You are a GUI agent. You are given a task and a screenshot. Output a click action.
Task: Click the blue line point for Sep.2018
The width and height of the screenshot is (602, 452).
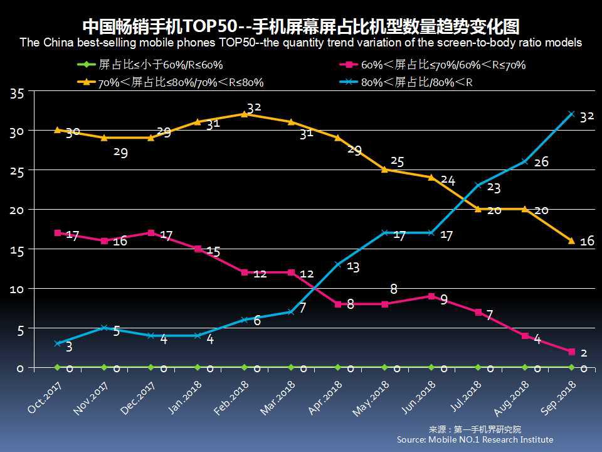571,114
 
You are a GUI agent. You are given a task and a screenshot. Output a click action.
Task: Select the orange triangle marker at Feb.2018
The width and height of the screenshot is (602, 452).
245,114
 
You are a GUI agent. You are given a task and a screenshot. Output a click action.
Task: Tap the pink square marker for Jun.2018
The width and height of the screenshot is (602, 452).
431,296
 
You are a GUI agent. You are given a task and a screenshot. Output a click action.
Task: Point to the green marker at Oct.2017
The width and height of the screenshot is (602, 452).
58,367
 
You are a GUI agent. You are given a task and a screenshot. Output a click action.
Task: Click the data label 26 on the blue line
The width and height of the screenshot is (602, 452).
541,162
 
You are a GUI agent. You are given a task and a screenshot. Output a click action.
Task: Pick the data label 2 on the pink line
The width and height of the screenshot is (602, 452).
583,353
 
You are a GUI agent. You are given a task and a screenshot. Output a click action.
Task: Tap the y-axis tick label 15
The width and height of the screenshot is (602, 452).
17,250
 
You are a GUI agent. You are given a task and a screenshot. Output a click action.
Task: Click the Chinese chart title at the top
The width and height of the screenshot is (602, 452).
301,27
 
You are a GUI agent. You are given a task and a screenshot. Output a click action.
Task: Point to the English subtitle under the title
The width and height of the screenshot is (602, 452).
301,43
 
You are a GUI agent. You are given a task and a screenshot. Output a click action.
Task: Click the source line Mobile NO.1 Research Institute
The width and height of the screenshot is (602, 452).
475,439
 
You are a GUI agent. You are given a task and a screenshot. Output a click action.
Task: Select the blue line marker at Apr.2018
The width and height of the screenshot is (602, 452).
338,264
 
